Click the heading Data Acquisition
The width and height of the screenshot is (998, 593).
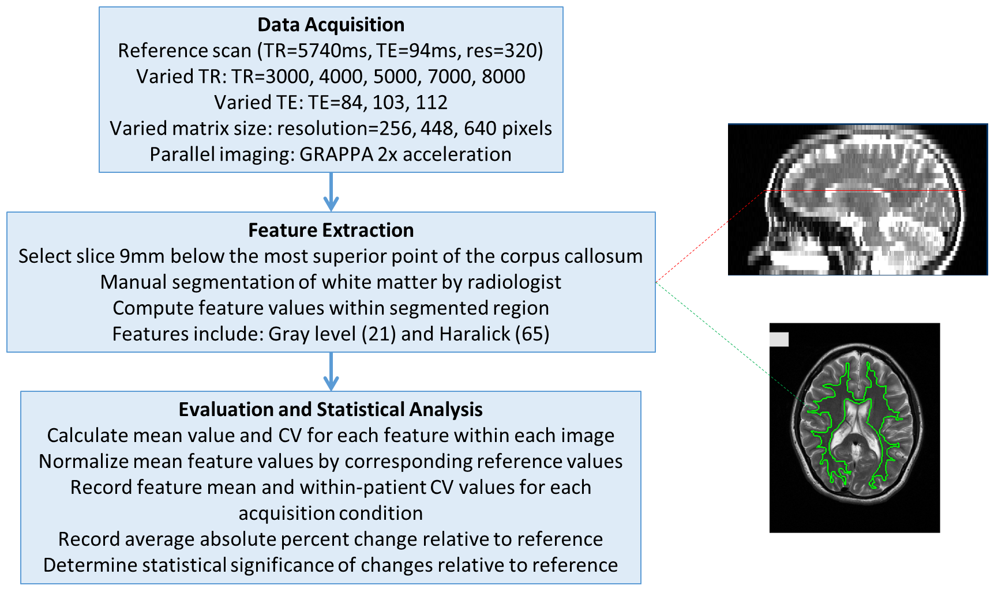(331, 25)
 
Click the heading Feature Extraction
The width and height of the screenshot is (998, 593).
(331, 231)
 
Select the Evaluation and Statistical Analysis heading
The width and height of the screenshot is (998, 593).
(331, 410)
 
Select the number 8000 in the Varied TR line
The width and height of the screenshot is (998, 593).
(503, 77)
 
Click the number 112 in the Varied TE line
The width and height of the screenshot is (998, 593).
(432, 103)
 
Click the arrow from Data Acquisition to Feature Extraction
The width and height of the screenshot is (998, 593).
(331, 192)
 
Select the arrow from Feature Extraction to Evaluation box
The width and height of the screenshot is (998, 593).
(331, 372)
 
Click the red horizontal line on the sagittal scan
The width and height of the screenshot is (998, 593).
(865, 190)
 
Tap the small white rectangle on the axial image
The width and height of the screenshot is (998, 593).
(779, 339)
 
